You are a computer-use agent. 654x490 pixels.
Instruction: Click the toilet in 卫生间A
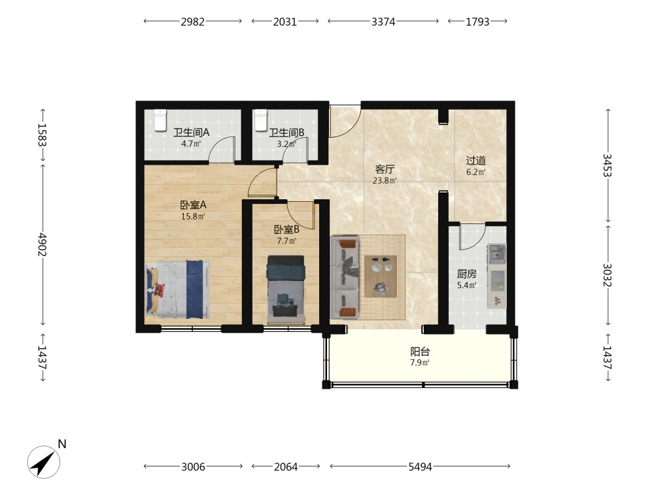point(160,120)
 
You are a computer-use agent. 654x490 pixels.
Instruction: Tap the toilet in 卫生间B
point(261,120)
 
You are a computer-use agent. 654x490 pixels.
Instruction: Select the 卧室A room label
point(193,205)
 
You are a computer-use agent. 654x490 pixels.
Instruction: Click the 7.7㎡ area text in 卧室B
point(286,241)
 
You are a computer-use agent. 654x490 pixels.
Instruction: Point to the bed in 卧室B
point(286,289)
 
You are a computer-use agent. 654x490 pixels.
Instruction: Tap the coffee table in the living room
point(381,276)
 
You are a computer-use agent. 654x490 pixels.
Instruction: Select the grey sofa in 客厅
point(345,278)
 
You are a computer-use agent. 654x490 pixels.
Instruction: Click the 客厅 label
point(385,169)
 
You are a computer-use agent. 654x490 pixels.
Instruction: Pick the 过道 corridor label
point(476,161)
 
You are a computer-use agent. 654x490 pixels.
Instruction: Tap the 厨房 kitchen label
point(467,274)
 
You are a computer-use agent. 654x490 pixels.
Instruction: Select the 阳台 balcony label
point(420,351)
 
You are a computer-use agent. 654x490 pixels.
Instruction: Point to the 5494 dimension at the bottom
point(420,466)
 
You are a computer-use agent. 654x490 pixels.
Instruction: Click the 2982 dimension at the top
point(193,22)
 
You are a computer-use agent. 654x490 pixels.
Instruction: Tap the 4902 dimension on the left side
point(42,244)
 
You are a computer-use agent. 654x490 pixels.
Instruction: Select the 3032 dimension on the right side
point(607,275)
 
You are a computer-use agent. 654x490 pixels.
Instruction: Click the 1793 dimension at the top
point(477,22)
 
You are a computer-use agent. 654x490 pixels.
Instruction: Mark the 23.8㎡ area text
point(385,180)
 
